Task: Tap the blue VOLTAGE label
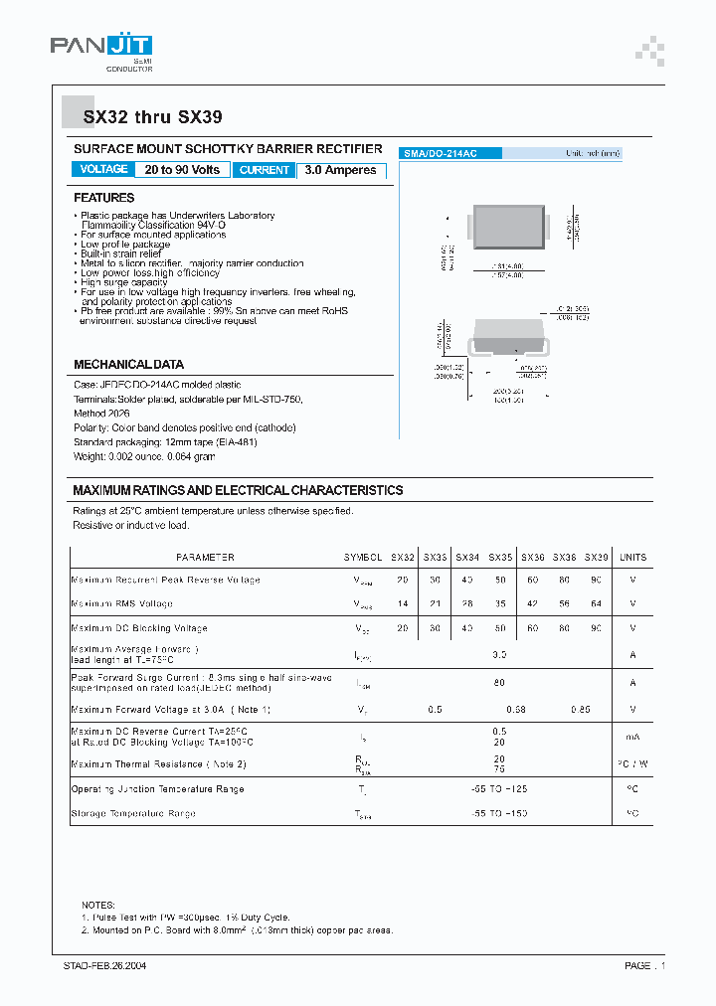click(103, 169)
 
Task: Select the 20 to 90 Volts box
click(182, 170)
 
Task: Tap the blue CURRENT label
click(265, 170)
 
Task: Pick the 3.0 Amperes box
click(340, 170)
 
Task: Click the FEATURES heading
click(103, 198)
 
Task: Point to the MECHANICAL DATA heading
click(128, 365)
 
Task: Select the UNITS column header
click(632, 558)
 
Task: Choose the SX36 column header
click(533, 558)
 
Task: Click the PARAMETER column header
click(205, 558)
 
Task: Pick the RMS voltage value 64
click(597, 603)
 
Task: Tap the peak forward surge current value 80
click(499, 683)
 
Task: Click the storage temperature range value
click(499, 813)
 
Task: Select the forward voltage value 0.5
click(435, 709)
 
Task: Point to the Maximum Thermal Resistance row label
click(158, 763)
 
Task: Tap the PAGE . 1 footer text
click(644, 965)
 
